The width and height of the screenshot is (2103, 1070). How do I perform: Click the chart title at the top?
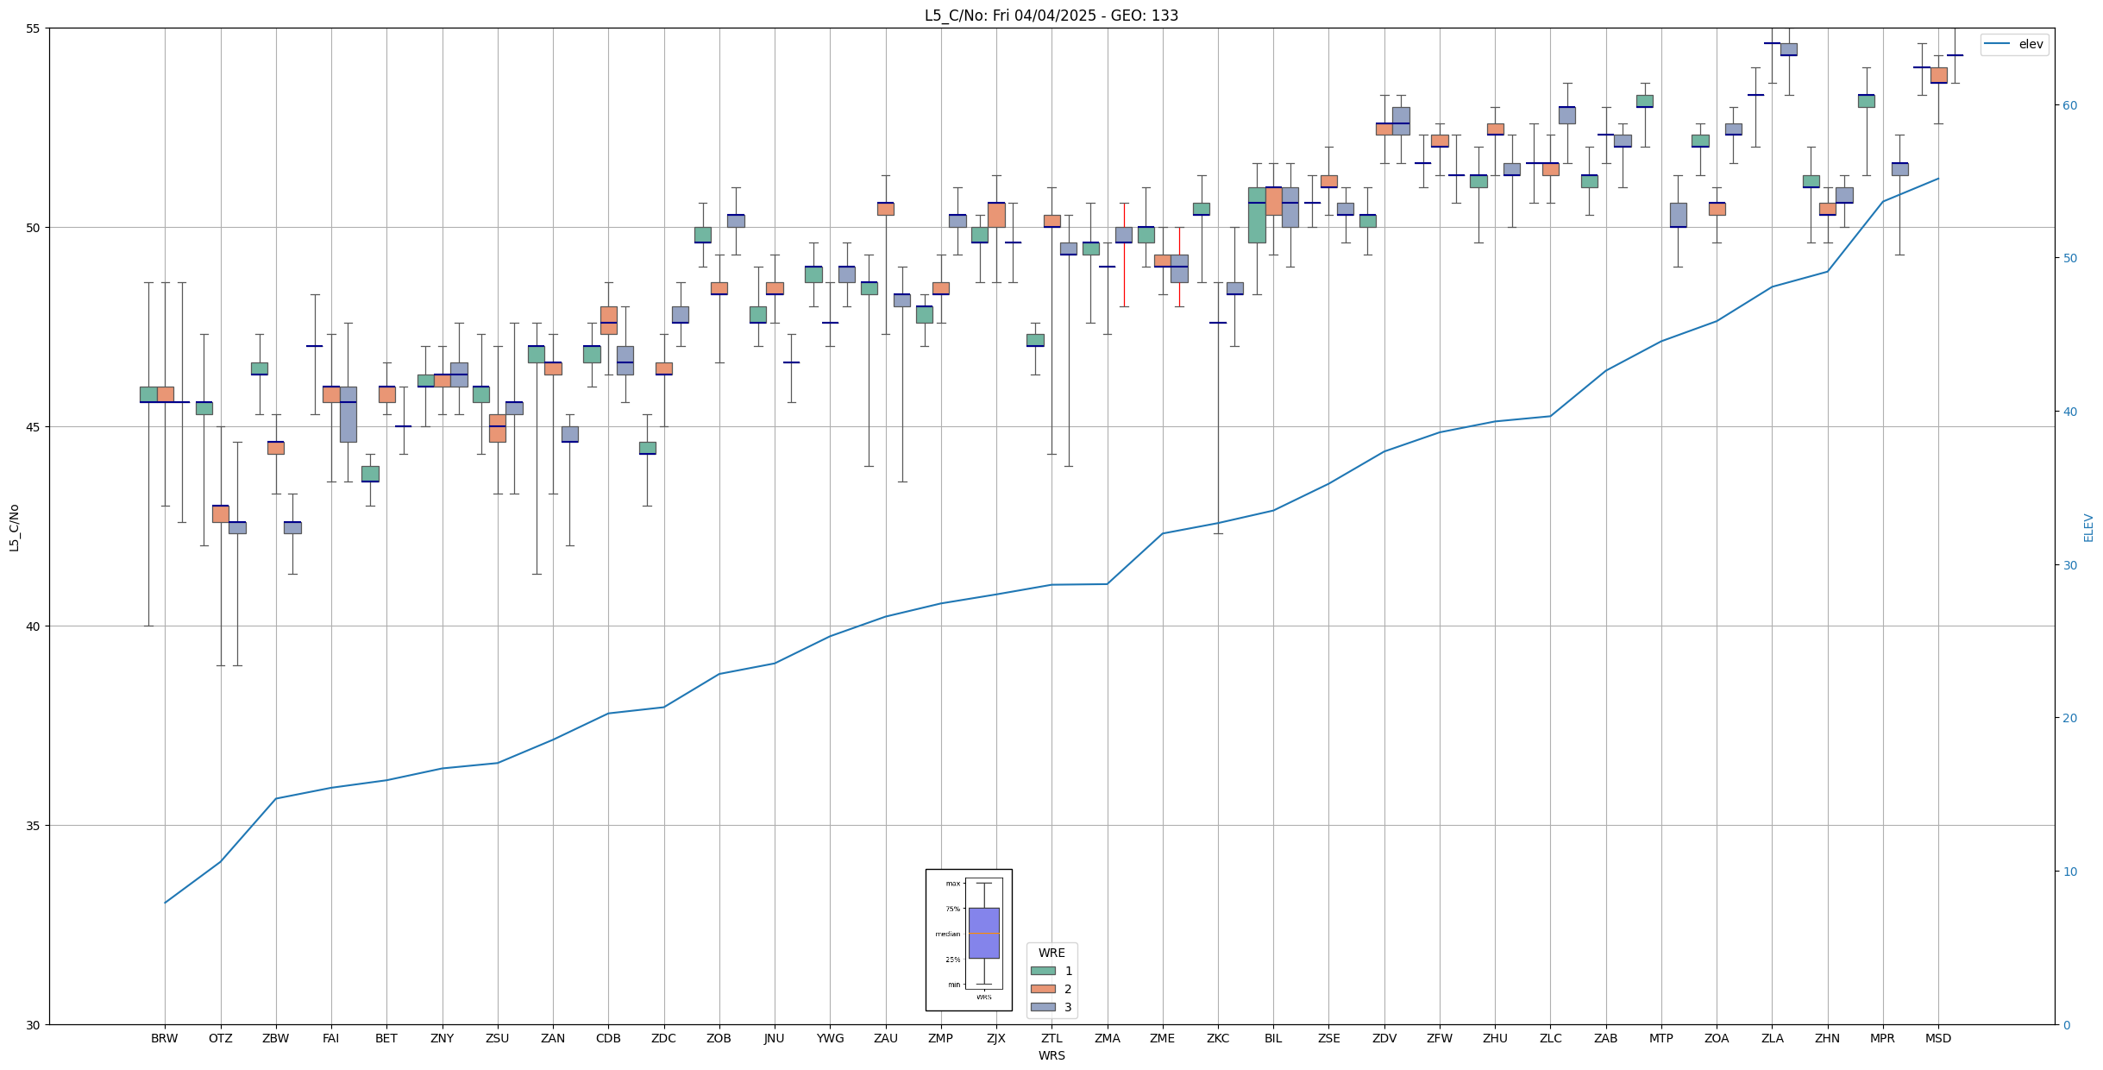[x=1051, y=16]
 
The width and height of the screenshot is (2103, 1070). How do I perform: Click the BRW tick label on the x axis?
[x=164, y=1038]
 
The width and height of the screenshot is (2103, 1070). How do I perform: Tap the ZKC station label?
[x=1218, y=1038]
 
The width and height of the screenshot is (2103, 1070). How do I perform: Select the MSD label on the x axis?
[x=1938, y=1038]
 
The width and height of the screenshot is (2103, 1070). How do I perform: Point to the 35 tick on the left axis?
[x=35, y=826]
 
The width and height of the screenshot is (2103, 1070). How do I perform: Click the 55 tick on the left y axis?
[x=35, y=28]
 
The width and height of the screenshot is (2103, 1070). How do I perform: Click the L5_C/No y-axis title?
[x=14, y=526]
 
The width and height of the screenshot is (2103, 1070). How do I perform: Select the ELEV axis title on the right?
[x=2088, y=527]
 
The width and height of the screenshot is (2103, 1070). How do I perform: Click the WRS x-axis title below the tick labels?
[x=1051, y=1055]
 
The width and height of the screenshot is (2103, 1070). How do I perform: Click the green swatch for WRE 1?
[x=1043, y=971]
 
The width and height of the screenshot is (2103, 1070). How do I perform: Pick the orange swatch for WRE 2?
[x=1043, y=989]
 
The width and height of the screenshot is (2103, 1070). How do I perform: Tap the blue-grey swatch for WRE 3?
[x=1043, y=1007]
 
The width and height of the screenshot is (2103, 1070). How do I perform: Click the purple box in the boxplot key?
[x=983, y=933]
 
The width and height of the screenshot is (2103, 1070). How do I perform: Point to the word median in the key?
[x=947, y=934]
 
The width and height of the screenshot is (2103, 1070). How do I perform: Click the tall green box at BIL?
[x=1257, y=215]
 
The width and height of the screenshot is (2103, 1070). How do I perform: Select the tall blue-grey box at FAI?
[x=348, y=414]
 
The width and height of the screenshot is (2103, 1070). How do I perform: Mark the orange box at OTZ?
[x=221, y=514]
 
